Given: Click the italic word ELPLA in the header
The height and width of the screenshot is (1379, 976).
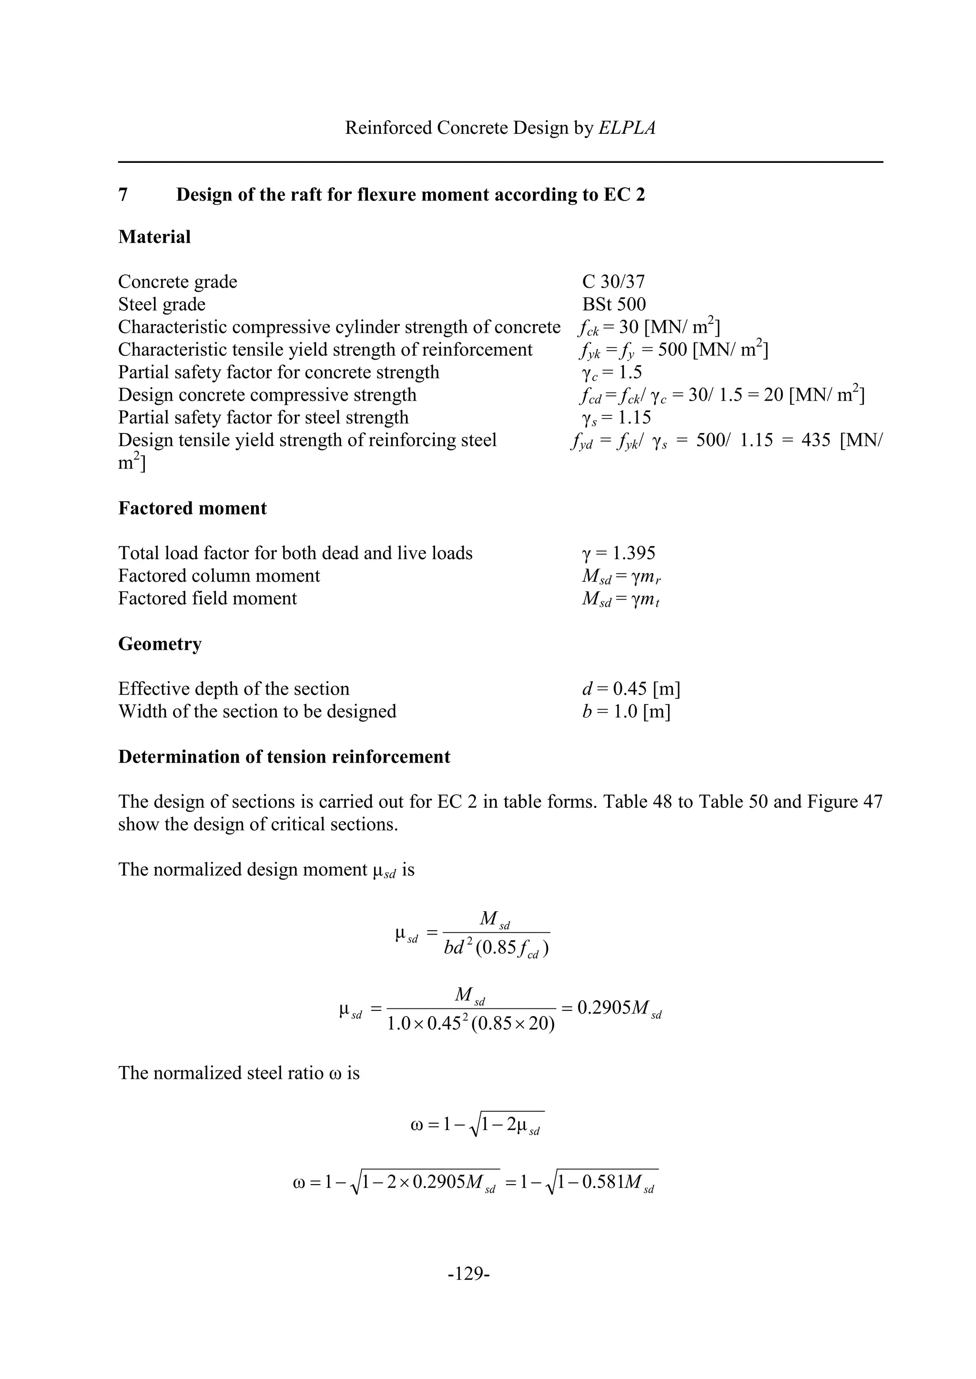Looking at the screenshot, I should [x=627, y=128].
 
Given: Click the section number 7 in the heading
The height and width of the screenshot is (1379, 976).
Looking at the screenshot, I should [x=123, y=195].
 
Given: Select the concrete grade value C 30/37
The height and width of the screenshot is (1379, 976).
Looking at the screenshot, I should [x=614, y=282].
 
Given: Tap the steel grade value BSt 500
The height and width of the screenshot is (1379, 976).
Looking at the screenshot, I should [x=614, y=304].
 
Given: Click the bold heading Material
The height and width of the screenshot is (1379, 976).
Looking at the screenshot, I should [x=154, y=237].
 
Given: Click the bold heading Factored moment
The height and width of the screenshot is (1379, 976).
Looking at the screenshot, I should [x=193, y=509].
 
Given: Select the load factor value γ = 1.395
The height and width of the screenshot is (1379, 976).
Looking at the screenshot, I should [x=619, y=553].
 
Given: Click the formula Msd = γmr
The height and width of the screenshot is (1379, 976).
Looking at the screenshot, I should [x=621, y=576].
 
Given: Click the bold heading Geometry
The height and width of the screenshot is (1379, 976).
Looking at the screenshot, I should [x=160, y=644].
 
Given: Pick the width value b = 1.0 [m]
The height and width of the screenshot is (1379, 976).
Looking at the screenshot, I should [x=626, y=712].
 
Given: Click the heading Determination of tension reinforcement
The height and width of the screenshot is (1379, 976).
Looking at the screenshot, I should [x=284, y=757].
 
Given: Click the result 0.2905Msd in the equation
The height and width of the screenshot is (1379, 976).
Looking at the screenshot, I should [x=619, y=1008].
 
